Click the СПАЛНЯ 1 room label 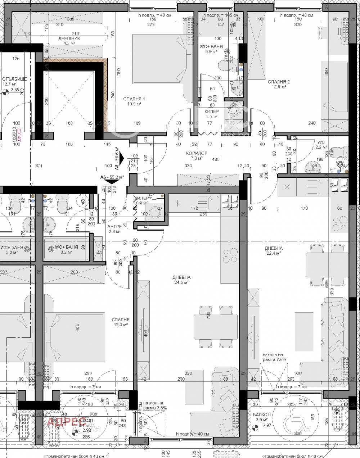click(x=134, y=99)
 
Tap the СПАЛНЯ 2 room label click(x=279, y=82)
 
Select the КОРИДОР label click(x=194, y=153)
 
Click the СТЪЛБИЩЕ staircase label click(x=14, y=79)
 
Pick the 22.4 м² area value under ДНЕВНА click(x=274, y=253)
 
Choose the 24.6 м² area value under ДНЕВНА click(x=181, y=282)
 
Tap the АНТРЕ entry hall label click(x=115, y=226)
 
